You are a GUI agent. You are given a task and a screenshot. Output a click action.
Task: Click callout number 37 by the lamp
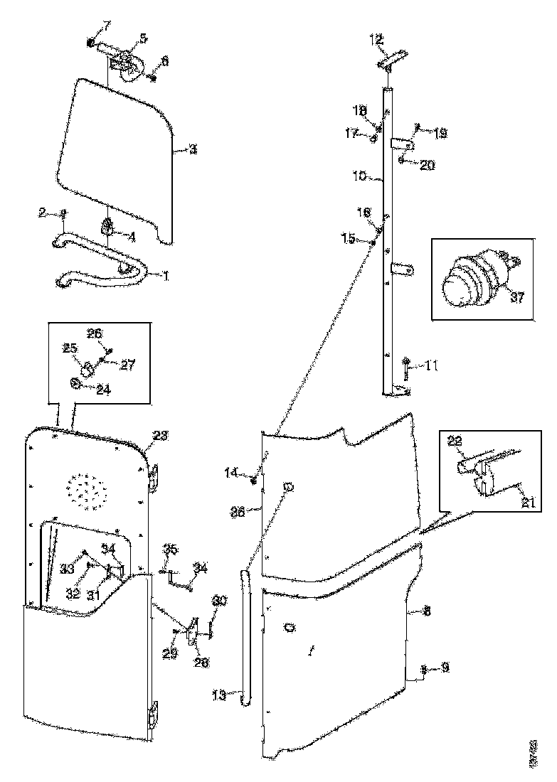coord(517,297)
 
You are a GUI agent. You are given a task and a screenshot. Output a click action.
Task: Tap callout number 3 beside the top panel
coord(192,150)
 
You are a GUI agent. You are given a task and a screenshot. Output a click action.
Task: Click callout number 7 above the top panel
coord(107,26)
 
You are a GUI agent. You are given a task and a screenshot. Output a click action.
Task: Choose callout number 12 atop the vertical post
coord(377,40)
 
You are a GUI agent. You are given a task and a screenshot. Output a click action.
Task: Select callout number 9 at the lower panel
coord(445,668)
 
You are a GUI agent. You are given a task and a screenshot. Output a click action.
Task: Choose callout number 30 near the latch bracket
coord(219,601)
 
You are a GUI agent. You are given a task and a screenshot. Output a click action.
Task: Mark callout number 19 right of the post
coord(440,133)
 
